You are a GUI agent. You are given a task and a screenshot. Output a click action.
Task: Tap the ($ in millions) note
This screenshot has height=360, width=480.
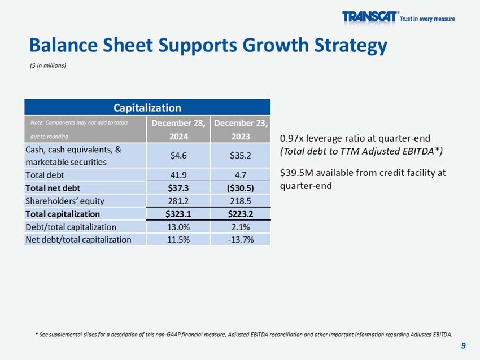click(x=48, y=65)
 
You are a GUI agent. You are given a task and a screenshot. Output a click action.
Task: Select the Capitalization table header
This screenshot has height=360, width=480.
click(x=147, y=107)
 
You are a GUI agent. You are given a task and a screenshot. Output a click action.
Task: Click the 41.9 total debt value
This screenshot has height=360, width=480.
click(x=179, y=175)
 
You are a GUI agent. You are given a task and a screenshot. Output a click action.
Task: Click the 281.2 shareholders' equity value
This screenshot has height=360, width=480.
click(x=179, y=200)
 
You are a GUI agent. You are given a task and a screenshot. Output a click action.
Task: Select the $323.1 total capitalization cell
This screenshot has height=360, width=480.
click(x=179, y=214)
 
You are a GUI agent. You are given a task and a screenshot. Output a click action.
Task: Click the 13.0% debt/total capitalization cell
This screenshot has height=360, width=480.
click(x=179, y=227)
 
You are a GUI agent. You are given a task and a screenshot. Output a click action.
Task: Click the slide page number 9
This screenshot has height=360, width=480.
click(x=463, y=345)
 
